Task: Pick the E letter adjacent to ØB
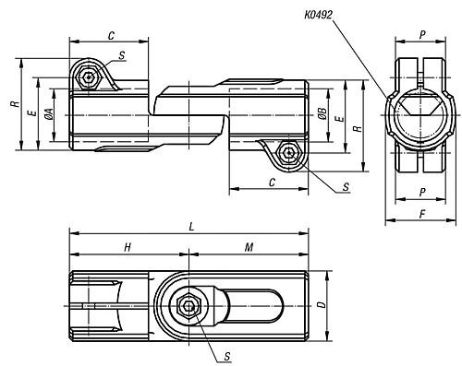click(342, 120)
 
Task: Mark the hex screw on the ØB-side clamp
click(290, 152)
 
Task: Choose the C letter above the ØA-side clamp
click(111, 35)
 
